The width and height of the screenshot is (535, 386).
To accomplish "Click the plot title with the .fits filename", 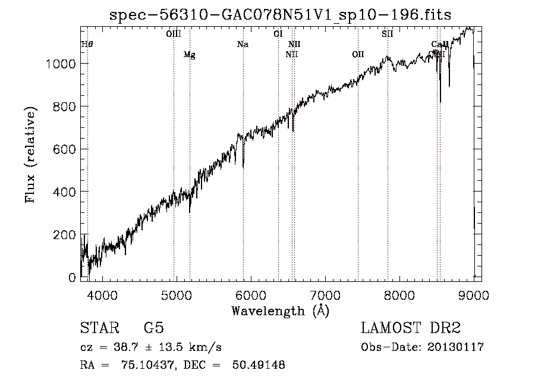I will tap(281, 15).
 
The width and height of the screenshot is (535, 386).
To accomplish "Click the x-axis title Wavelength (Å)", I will tap(280, 310).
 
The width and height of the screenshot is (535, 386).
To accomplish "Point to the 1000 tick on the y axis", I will tap(62, 64).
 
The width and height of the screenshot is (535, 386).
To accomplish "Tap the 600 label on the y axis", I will tap(65, 149).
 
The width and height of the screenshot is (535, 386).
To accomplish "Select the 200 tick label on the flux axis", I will tap(65, 235).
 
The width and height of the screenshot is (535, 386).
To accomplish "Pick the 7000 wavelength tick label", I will tap(325, 294).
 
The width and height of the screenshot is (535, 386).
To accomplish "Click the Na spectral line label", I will tap(243, 44).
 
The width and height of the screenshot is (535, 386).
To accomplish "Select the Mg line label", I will tap(189, 55).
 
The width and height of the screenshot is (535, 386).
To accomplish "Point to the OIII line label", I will tap(174, 34).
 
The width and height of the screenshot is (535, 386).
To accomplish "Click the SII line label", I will tap(388, 34).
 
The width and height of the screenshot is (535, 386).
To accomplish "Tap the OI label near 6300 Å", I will tap(278, 34).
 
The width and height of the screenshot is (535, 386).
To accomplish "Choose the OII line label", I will tap(358, 55).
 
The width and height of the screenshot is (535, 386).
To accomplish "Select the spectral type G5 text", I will tap(153, 329).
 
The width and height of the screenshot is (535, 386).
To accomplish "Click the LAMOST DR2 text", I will tap(410, 329).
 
